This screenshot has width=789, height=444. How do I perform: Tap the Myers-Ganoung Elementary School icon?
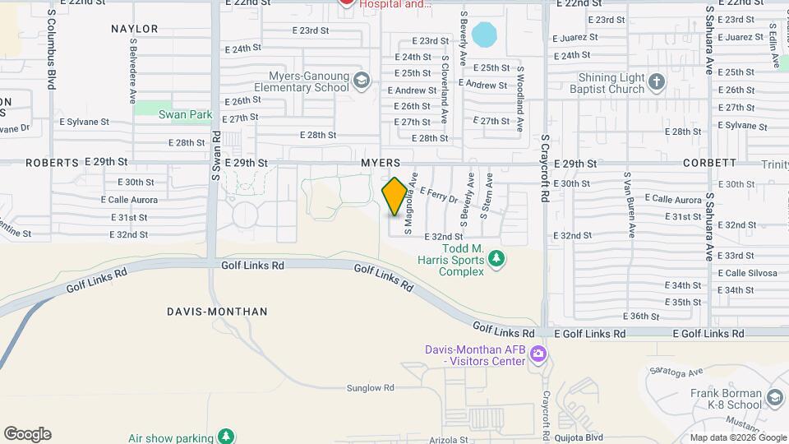coord(362,81)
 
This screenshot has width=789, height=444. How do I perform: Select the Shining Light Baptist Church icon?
coord(656,81)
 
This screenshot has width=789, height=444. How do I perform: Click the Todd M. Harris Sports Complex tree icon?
coord(496,260)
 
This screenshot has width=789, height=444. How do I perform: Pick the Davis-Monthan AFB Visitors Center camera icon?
coord(538,355)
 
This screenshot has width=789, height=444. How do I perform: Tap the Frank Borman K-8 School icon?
coord(774,399)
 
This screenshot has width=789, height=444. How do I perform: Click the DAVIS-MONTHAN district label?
coord(217,312)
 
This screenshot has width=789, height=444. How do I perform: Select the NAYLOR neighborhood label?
coord(134,29)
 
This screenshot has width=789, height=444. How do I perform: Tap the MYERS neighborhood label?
coord(381,164)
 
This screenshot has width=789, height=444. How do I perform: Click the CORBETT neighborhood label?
coord(708,164)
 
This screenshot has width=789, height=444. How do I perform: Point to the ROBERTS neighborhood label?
coord(52,163)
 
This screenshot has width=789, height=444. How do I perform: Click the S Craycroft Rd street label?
coord(544,169)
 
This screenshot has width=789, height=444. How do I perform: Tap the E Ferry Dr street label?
coord(438,195)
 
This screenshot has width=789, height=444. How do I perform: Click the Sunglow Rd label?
coord(370,387)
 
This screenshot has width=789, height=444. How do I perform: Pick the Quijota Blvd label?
coord(584,437)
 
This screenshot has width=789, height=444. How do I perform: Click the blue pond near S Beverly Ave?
coord(485,35)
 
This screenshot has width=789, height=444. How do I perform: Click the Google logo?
coord(27,434)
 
